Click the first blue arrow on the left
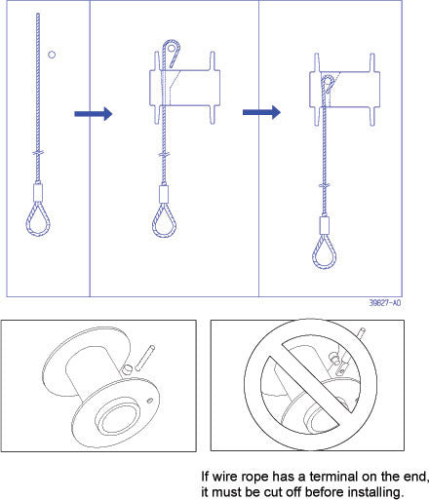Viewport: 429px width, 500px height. click(x=94, y=114)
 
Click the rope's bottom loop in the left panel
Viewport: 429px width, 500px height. click(x=35, y=225)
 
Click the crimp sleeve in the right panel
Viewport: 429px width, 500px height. click(x=324, y=223)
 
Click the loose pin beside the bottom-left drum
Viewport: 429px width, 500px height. click(x=147, y=355)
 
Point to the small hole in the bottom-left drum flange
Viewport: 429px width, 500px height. click(x=152, y=400)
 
